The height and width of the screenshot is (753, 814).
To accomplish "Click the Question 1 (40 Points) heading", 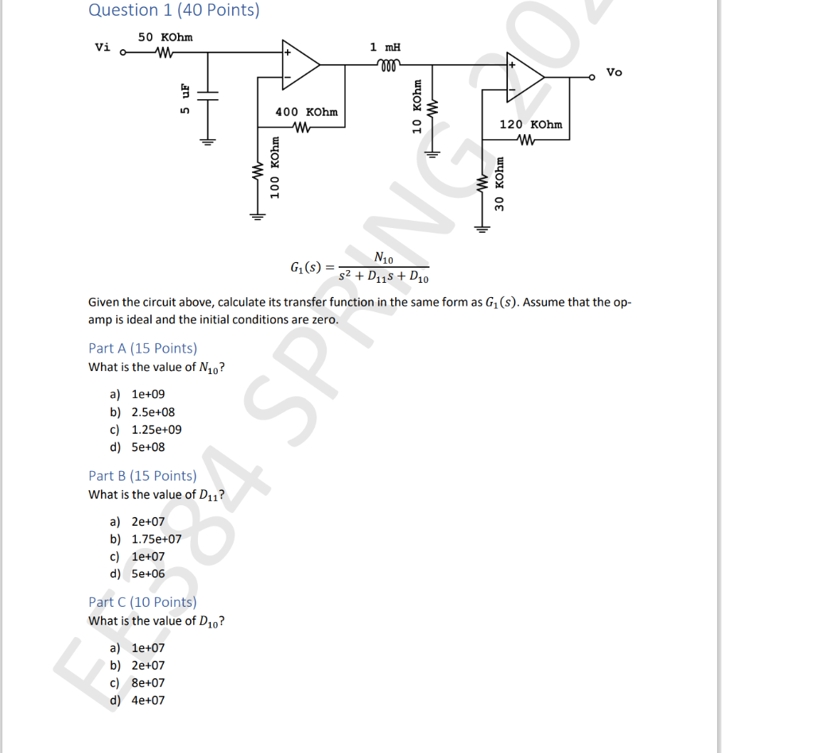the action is click(x=173, y=10).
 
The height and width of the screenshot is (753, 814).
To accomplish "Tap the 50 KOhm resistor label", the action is click(x=165, y=37).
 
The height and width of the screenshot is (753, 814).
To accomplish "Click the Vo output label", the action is click(x=614, y=72).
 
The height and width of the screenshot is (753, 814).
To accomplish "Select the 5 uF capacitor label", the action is click(x=184, y=98).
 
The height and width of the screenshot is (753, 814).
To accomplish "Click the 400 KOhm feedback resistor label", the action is click(x=306, y=112).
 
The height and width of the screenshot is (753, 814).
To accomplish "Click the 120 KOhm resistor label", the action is click(x=530, y=125).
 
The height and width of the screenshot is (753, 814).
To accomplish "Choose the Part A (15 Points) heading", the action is click(x=142, y=348).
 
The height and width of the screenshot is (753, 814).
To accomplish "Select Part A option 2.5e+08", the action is click(x=153, y=411).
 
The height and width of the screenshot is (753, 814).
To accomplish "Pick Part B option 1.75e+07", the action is click(x=156, y=539).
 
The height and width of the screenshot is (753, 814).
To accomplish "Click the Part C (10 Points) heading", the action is click(x=142, y=601).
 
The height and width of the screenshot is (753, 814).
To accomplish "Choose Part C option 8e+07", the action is click(x=148, y=682).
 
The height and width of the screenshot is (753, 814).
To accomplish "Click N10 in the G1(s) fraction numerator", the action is click(x=382, y=257).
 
